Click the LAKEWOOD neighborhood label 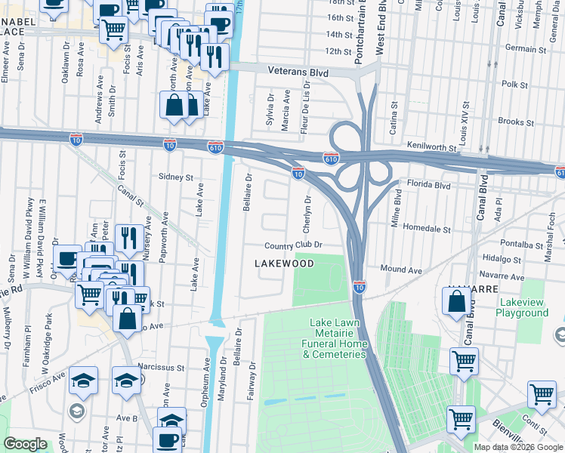284,263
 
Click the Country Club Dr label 293,245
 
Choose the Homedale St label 426,228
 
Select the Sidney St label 176,177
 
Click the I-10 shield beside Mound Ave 360,286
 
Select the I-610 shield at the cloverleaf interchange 330,158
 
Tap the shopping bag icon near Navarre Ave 458,302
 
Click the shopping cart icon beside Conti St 542,394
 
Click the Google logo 25,444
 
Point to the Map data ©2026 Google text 517,447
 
